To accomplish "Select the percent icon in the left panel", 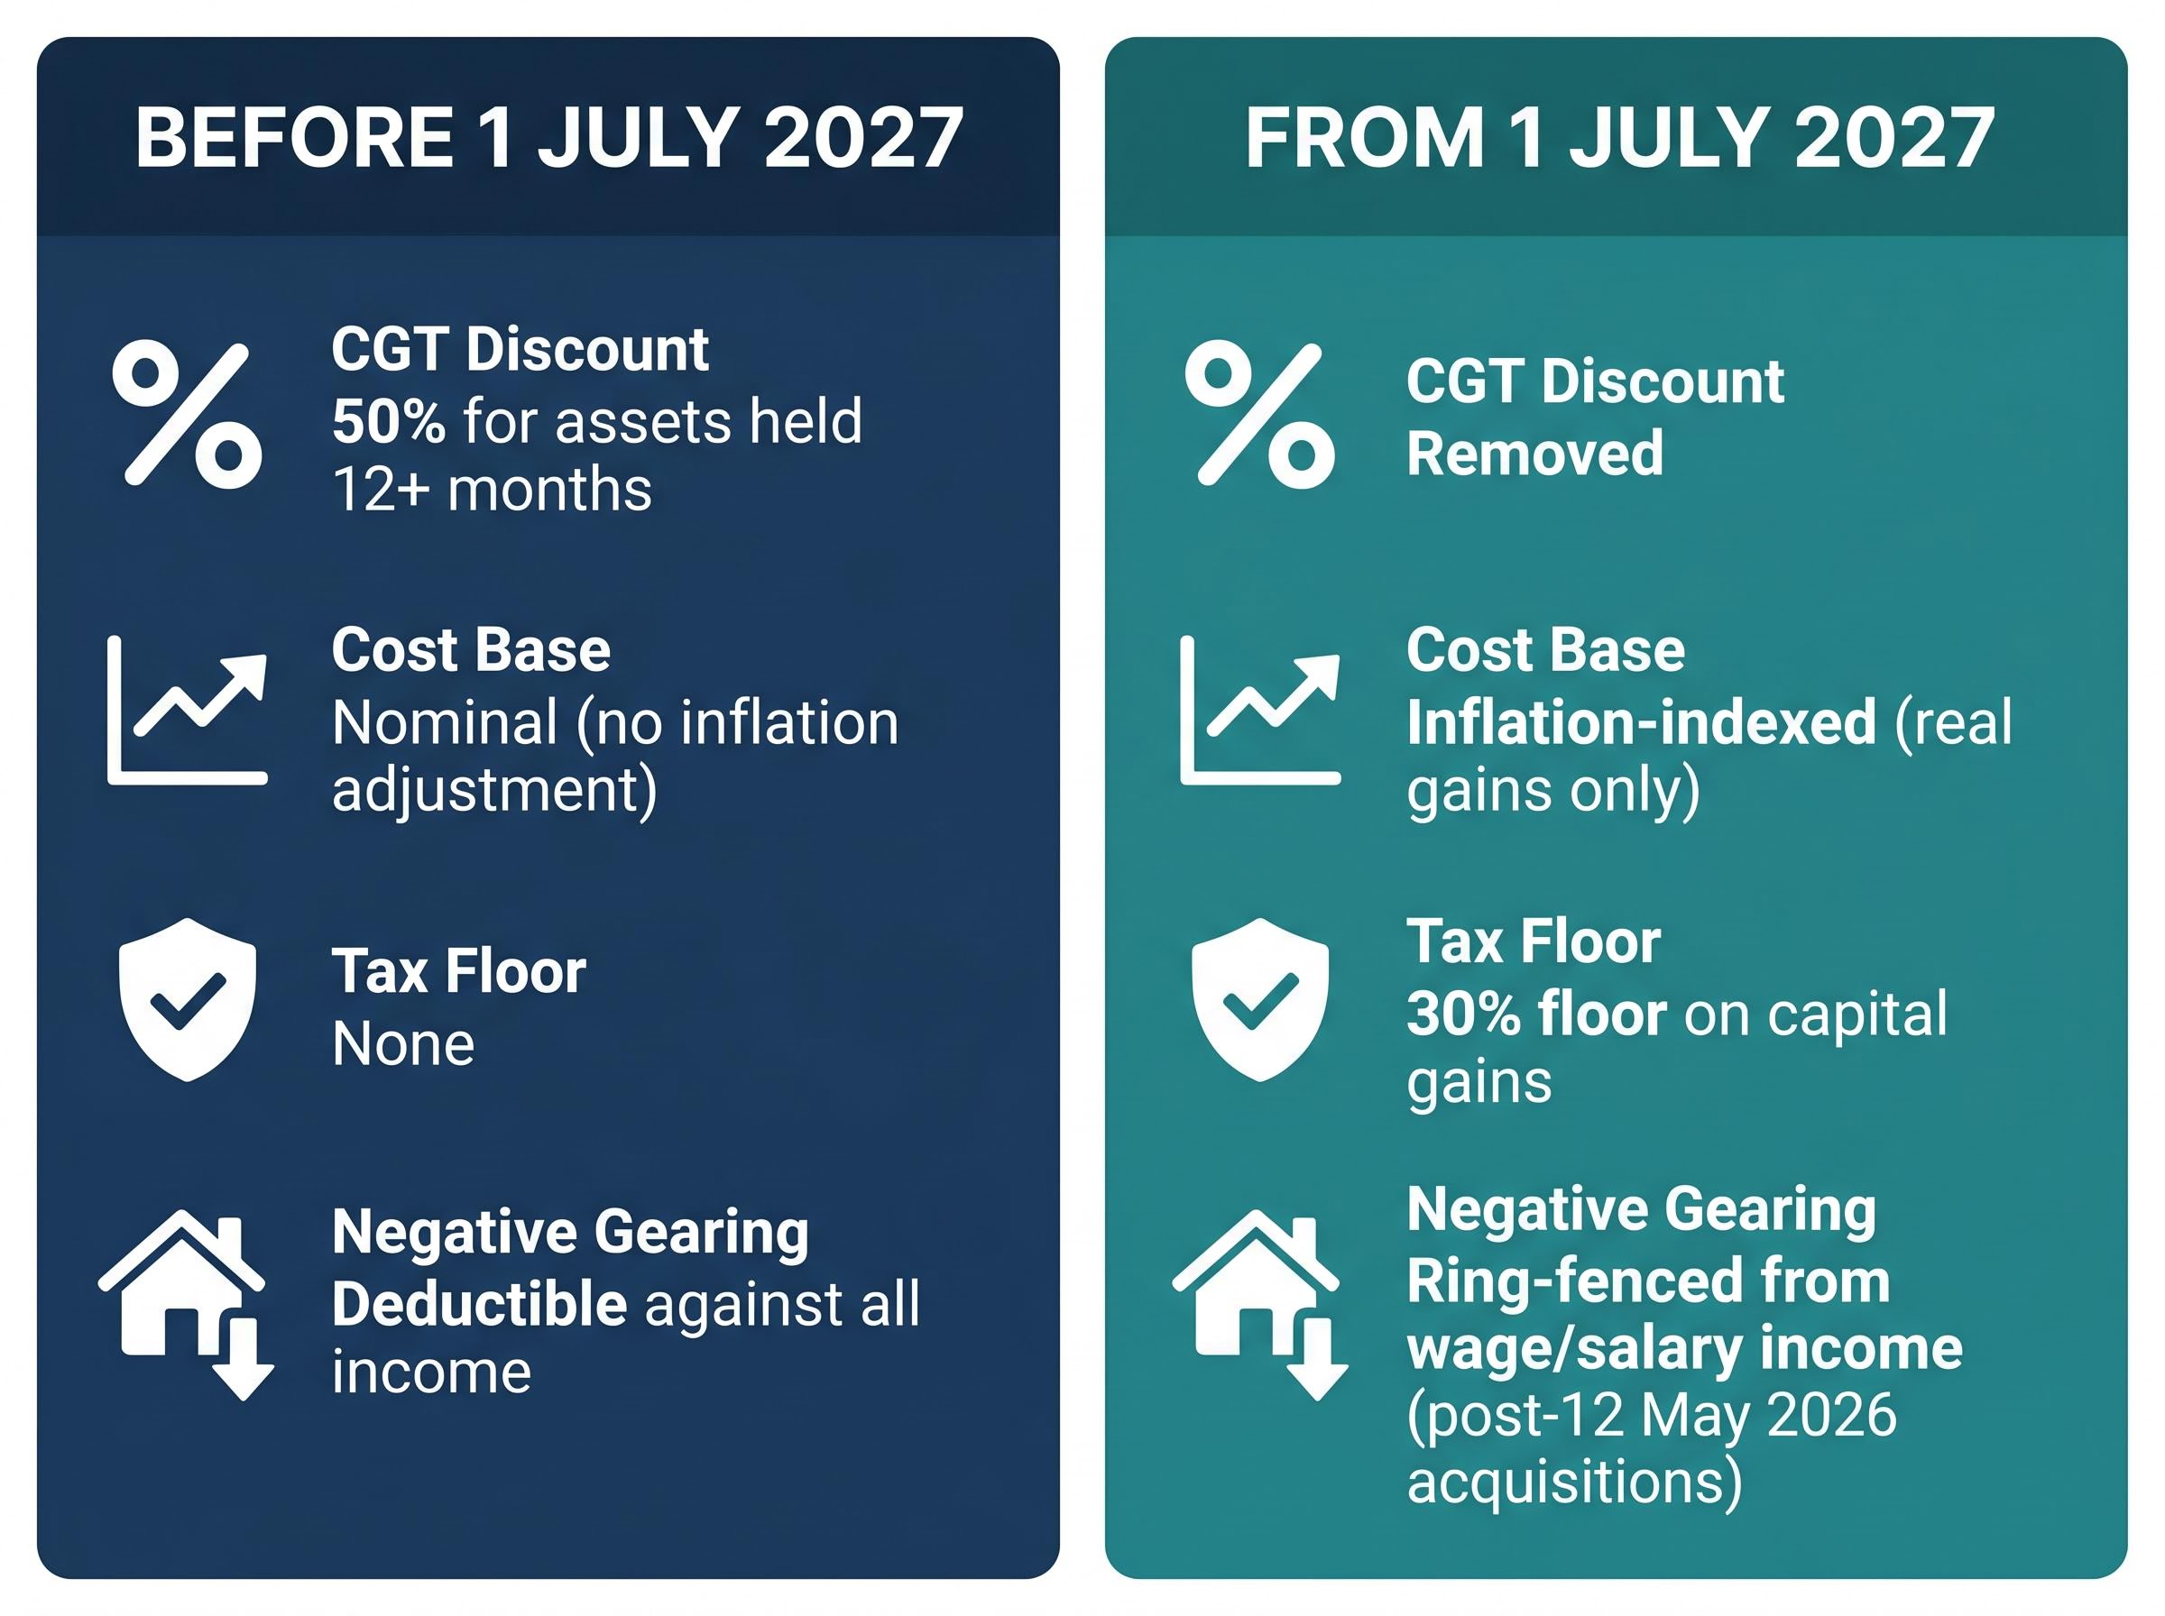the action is tap(187, 414).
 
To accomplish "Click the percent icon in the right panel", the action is tap(1260, 414).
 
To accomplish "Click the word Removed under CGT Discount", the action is tap(1535, 453).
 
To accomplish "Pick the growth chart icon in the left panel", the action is tap(187, 709).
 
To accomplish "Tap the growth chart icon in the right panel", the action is tap(1260, 709).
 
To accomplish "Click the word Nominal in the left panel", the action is tap(445, 723).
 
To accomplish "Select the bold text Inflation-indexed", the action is tap(1642, 723).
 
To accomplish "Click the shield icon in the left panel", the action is tap(187, 999).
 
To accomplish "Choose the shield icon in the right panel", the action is tap(1260, 999).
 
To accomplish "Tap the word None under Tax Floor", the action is tap(403, 1043).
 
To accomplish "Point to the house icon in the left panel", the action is tap(186, 1304).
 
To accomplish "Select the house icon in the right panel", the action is tap(1260, 1304).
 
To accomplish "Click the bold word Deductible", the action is tap(479, 1304).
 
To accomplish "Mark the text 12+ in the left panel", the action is tap(382, 489).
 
